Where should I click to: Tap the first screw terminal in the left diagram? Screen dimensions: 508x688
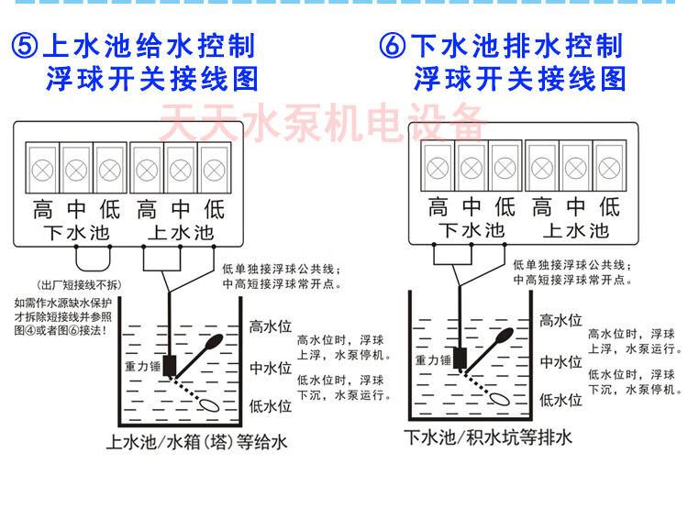(41, 169)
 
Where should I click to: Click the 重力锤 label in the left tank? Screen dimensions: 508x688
(142, 365)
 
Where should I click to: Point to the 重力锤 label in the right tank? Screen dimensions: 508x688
(433, 359)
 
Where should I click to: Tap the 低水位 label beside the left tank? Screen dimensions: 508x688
(270, 405)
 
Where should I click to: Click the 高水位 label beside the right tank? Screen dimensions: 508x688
(560, 320)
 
